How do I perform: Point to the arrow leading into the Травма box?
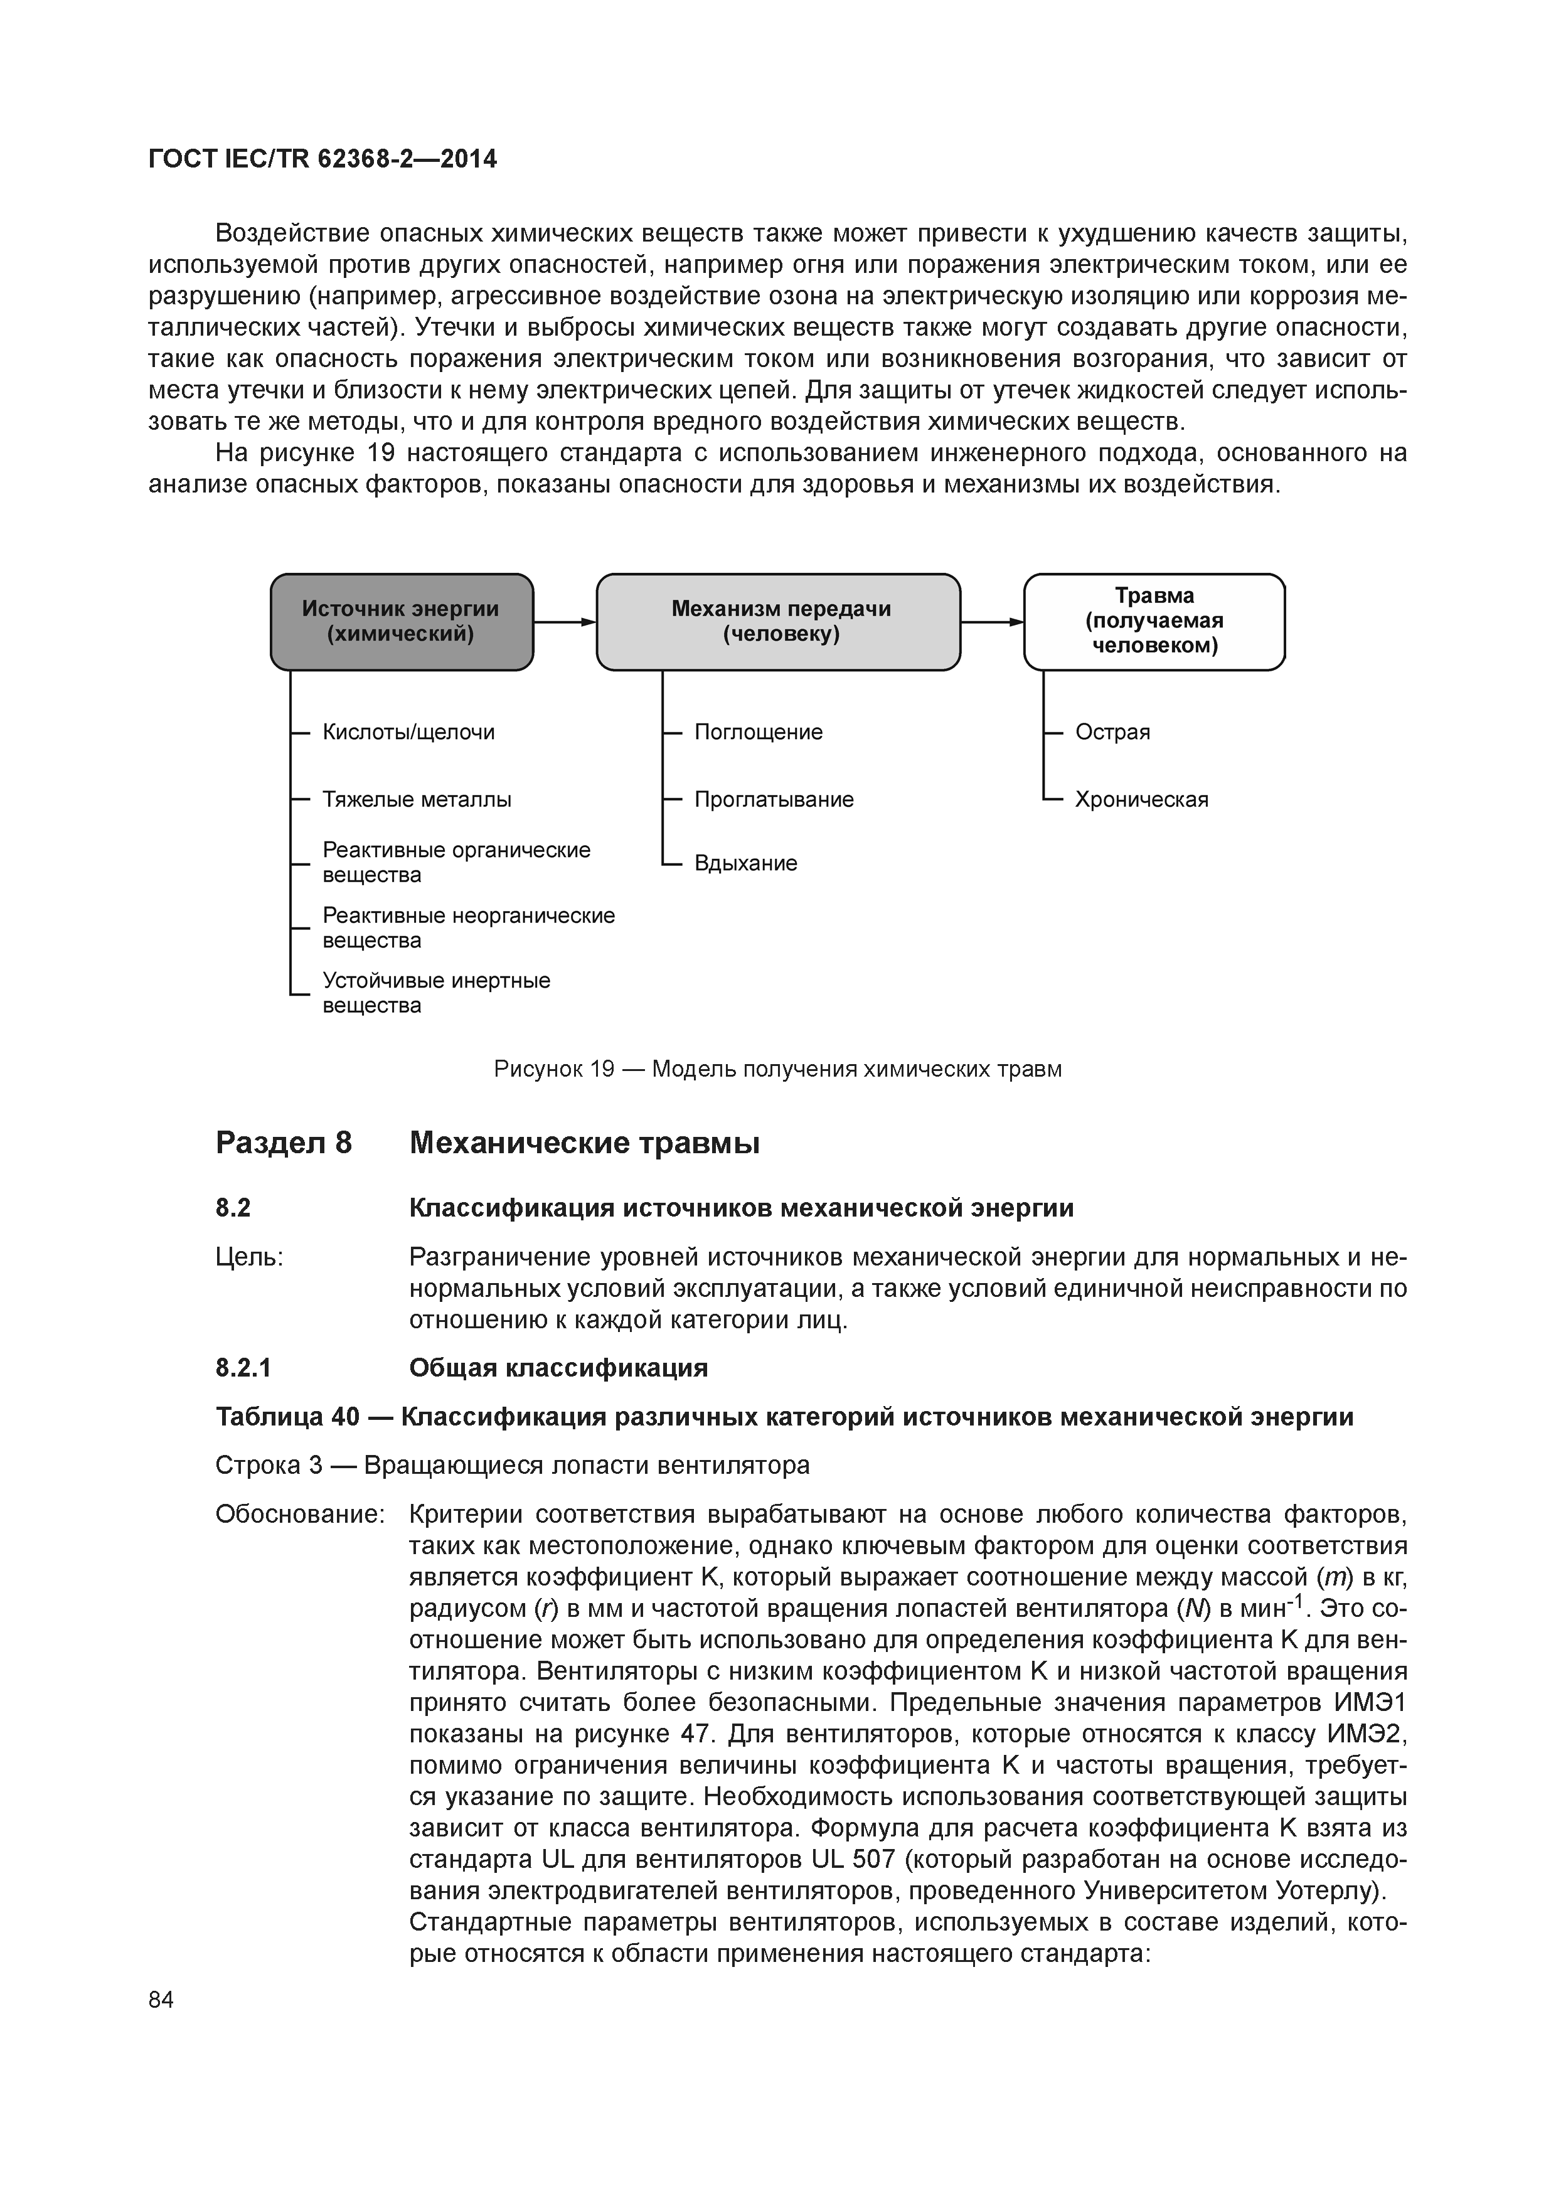(993, 622)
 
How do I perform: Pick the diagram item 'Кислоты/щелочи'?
(408, 732)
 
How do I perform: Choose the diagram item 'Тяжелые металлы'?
(416, 799)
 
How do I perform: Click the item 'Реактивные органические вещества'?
(456, 863)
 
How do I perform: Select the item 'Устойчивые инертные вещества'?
(436, 993)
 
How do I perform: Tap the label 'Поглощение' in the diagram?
(759, 732)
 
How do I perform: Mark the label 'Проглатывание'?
(774, 799)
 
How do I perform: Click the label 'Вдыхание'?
(746, 864)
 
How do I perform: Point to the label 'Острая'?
(1112, 732)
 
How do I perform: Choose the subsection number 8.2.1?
(243, 1368)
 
